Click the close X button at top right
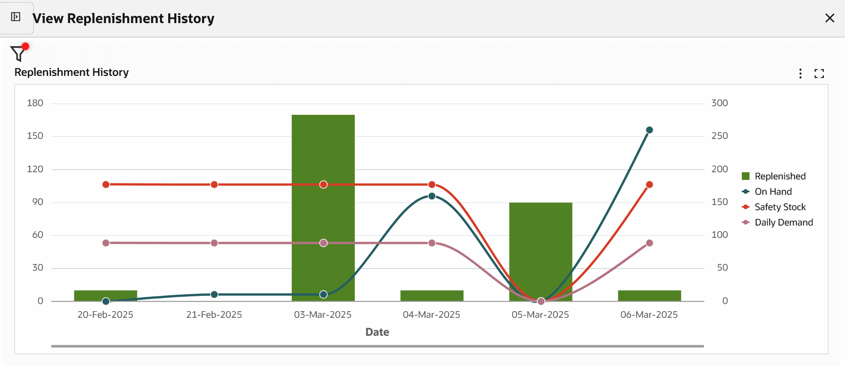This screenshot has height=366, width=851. (829, 18)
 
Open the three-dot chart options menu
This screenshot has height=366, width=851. (800, 73)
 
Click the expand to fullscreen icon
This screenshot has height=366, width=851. (819, 73)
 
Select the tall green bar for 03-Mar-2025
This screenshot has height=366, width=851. (323, 154)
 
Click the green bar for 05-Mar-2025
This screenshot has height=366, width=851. (540, 246)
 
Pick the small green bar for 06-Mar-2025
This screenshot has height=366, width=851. (649, 296)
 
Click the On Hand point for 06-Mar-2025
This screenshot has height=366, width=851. (649, 130)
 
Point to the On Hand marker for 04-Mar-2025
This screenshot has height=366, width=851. (432, 196)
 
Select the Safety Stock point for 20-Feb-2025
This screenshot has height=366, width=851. (106, 185)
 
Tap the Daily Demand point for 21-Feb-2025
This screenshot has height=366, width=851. (214, 243)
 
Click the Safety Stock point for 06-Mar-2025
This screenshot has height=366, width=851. (649, 185)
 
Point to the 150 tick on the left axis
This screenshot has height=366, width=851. (35, 136)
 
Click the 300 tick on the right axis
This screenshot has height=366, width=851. (719, 103)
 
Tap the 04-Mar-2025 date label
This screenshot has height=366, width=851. (431, 315)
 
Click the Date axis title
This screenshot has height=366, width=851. (377, 332)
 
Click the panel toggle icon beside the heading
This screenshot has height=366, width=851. (16, 17)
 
